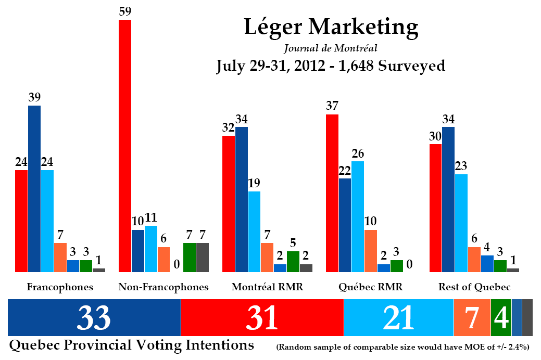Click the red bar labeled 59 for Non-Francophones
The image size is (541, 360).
[x=125, y=146]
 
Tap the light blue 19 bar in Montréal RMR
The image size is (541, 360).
[x=254, y=232]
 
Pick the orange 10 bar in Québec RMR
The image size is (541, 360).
[x=370, y=251]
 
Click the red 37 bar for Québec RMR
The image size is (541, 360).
[x=332, y=193]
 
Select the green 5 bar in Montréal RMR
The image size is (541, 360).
[x=293, y=261]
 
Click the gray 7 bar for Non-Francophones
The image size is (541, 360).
[x=203, y=257]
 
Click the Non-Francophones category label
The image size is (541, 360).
[x=163, y=287]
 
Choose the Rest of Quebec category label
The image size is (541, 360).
[x=474, y=287]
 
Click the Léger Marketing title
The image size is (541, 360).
[x=331, y=27]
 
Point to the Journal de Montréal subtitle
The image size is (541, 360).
[x=331, y=48]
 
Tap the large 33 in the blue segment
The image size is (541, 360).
[x=94, y=317]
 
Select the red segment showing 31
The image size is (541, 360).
[x=262, y=317]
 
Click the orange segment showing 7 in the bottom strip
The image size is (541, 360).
[x=472, y=317]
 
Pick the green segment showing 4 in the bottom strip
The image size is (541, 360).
[x=501, y=317]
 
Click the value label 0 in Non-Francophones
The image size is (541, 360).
[x=177, y=265]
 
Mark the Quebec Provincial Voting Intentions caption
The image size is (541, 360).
[x=131, y=345]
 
